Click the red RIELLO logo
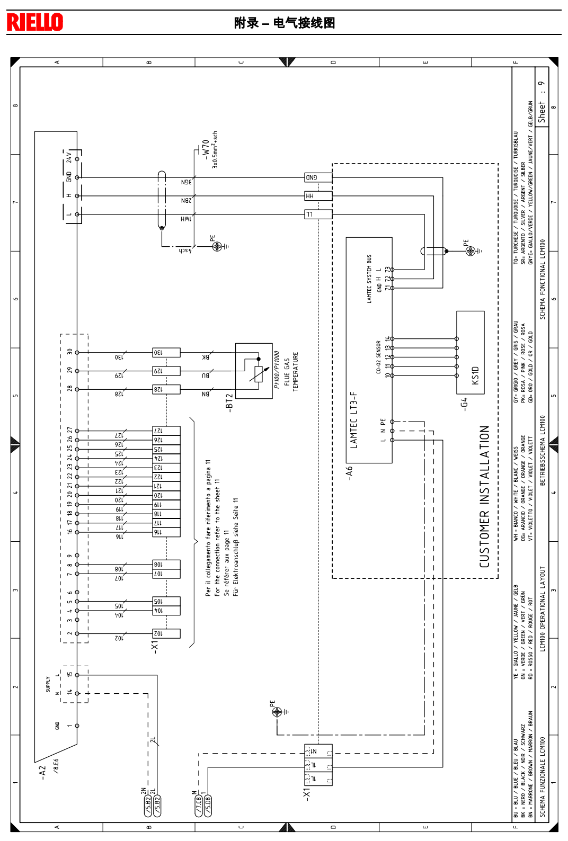[x=35, y=22]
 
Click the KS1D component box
[x=471, y=352]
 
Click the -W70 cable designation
[x=205, y=150]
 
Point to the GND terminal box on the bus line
[x=318, y=177]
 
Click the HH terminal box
[x=318, y=196]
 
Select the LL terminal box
[x=318, y=214]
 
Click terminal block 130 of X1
[x=166, y=352]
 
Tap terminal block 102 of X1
[x=166, y=633]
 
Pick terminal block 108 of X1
[x=166, y=565]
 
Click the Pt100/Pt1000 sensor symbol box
[x=254, y=371]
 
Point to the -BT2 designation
[x=229, y=402]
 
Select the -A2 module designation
[x=43, y=772]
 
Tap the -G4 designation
[x=464, y=404]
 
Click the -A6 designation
[x=349, y=473]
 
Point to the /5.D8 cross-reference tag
[x=208, y=806]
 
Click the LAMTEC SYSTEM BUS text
[x=369, y=279]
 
